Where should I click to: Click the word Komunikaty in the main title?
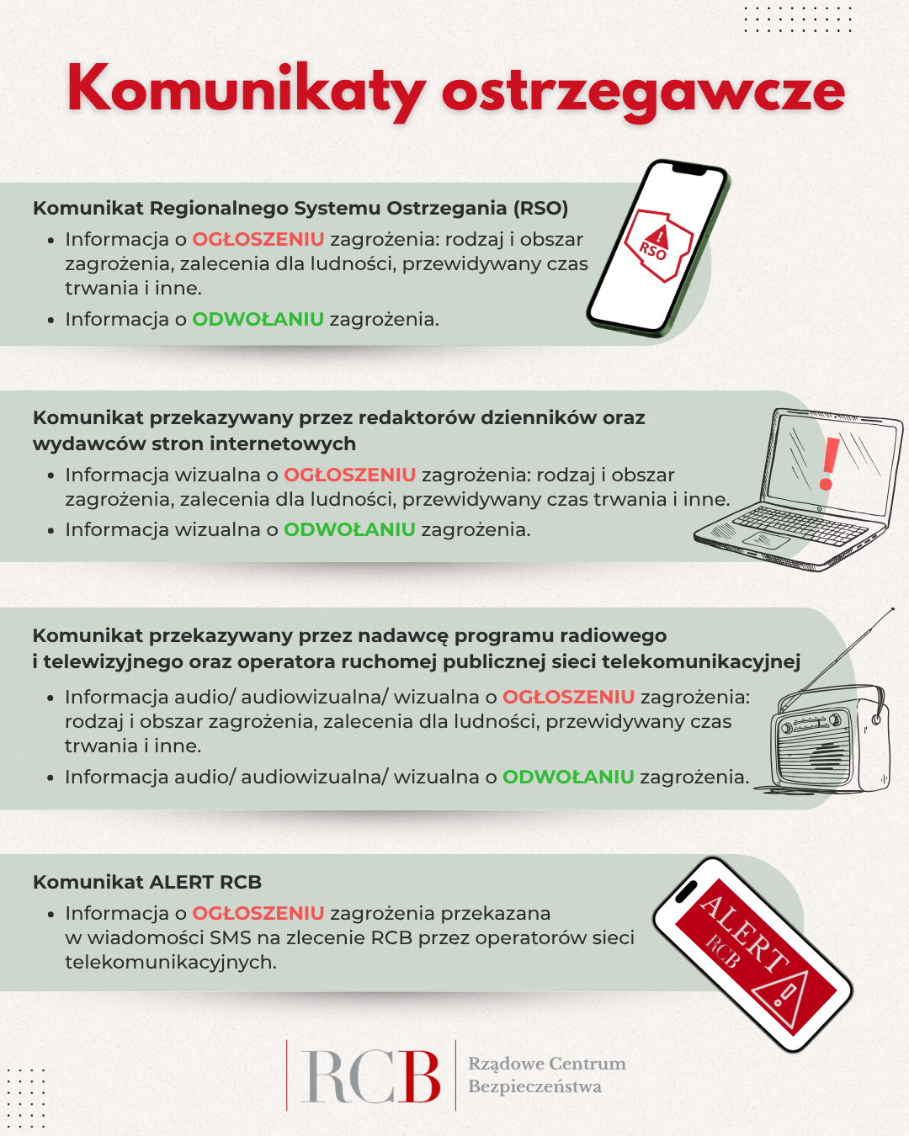244,88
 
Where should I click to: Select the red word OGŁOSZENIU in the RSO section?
258,239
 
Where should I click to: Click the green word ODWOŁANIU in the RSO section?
258,319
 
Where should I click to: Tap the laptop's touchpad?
766,540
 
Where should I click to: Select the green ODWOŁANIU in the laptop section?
349,529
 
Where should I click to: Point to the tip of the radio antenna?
891,608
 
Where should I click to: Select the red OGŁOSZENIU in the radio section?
568,697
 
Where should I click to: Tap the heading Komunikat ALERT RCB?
147,882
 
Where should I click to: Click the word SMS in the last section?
230,937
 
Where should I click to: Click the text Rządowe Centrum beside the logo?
546,1064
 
